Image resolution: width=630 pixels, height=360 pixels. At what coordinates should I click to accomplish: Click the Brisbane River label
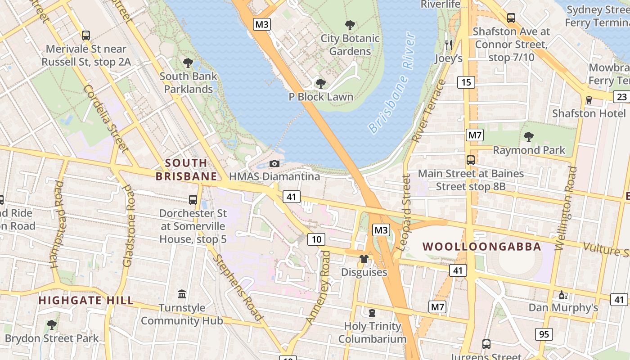[391, 83]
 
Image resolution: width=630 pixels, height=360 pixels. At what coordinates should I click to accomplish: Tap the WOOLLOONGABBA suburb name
[482, 247]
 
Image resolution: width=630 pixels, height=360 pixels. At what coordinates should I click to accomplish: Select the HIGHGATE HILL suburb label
[85, 300]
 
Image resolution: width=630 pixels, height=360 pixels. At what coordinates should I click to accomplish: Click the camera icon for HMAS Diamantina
[274, 163]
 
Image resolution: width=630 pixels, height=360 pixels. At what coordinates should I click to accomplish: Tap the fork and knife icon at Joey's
[448, 45]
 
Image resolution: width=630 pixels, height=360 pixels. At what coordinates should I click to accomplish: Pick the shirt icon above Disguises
[364, 259]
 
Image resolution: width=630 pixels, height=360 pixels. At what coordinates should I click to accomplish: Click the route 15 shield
[466, 82]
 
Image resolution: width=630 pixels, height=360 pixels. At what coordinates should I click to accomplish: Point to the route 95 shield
[544, 334]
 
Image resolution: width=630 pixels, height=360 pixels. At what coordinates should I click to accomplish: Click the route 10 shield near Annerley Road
[316, 239]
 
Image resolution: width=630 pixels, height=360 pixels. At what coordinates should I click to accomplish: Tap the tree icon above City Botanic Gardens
[350, 25]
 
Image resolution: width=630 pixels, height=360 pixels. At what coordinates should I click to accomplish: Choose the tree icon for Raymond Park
[529, 136]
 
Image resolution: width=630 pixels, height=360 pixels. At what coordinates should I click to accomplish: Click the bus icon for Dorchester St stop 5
[193, 200]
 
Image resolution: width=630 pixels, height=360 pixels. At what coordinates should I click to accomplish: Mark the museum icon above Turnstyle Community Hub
[182, 294]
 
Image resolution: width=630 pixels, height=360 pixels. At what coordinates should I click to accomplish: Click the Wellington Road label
[566, 208]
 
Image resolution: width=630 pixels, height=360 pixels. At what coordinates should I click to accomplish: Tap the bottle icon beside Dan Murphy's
[562, 295]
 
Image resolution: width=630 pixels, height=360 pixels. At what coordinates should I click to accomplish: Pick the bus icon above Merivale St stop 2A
[85, 35]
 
